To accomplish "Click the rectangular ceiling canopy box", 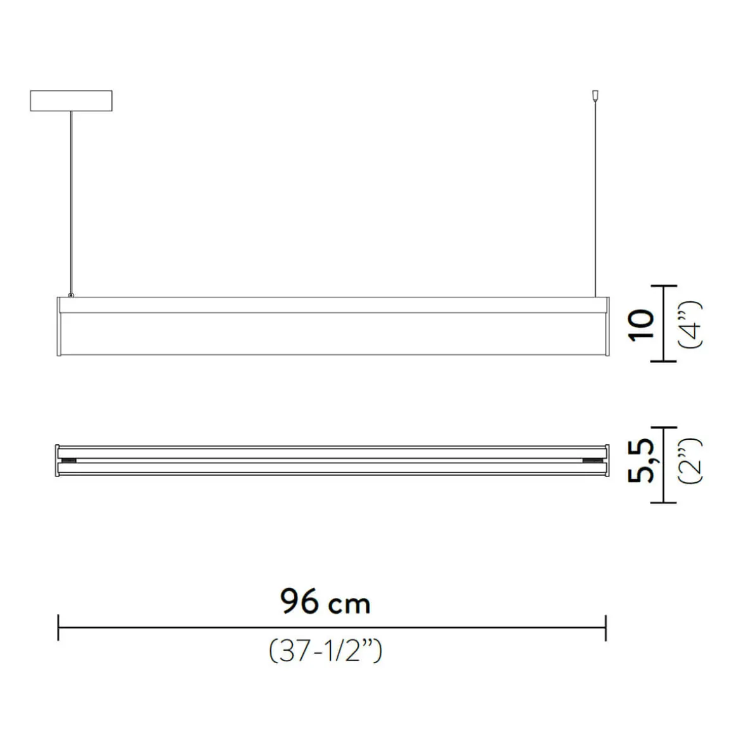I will pos(71,101).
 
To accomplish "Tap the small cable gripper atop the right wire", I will pos(594,95).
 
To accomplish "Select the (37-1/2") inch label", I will pos(325,651).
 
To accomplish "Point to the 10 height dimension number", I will pos(640,325).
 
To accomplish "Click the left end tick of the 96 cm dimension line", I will pos(58,627).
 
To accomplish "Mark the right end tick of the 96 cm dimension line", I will pos(606,627).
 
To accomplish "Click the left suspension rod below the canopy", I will pos(72,202).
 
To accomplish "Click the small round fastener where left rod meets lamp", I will pos(72,295).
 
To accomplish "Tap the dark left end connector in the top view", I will pos(68,460).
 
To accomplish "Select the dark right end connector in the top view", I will pos(595,460).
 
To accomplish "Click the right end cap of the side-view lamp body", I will pos(608,325).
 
